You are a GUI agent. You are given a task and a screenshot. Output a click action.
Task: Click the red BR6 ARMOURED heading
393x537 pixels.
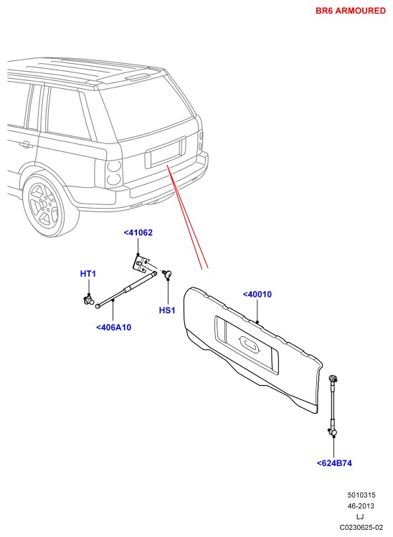coord(351,11)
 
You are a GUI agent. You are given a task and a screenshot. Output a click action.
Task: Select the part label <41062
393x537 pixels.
coord(138,232)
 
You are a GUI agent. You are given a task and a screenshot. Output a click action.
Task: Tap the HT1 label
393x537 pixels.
coord(88,274)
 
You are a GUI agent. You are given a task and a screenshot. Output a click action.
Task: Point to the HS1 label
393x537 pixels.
coord(167,310)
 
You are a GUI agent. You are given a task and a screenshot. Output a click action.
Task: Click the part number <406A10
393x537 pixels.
coord(114,328)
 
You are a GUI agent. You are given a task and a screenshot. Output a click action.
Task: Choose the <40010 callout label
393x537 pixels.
coord(257,294)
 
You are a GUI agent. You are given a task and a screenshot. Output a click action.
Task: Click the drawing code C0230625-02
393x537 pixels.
coord(361,527)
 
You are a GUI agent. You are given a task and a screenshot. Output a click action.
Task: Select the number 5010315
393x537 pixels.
coord(361,495)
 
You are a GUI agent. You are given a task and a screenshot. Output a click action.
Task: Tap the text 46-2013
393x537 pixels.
coord(361,506)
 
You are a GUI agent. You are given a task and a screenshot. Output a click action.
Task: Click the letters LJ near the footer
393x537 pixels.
coord(360,516)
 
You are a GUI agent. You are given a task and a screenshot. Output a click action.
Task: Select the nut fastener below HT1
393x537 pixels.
coord(89,300)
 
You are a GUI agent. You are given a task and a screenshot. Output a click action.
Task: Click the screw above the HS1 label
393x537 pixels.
coord(168,273)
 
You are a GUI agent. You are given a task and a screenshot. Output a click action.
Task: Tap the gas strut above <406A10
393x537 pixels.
coord(126,290)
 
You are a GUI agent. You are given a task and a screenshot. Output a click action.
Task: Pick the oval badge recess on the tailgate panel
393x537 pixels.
coord(249,344)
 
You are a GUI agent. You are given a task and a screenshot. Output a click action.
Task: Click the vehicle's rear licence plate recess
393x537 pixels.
coord(165,153)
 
